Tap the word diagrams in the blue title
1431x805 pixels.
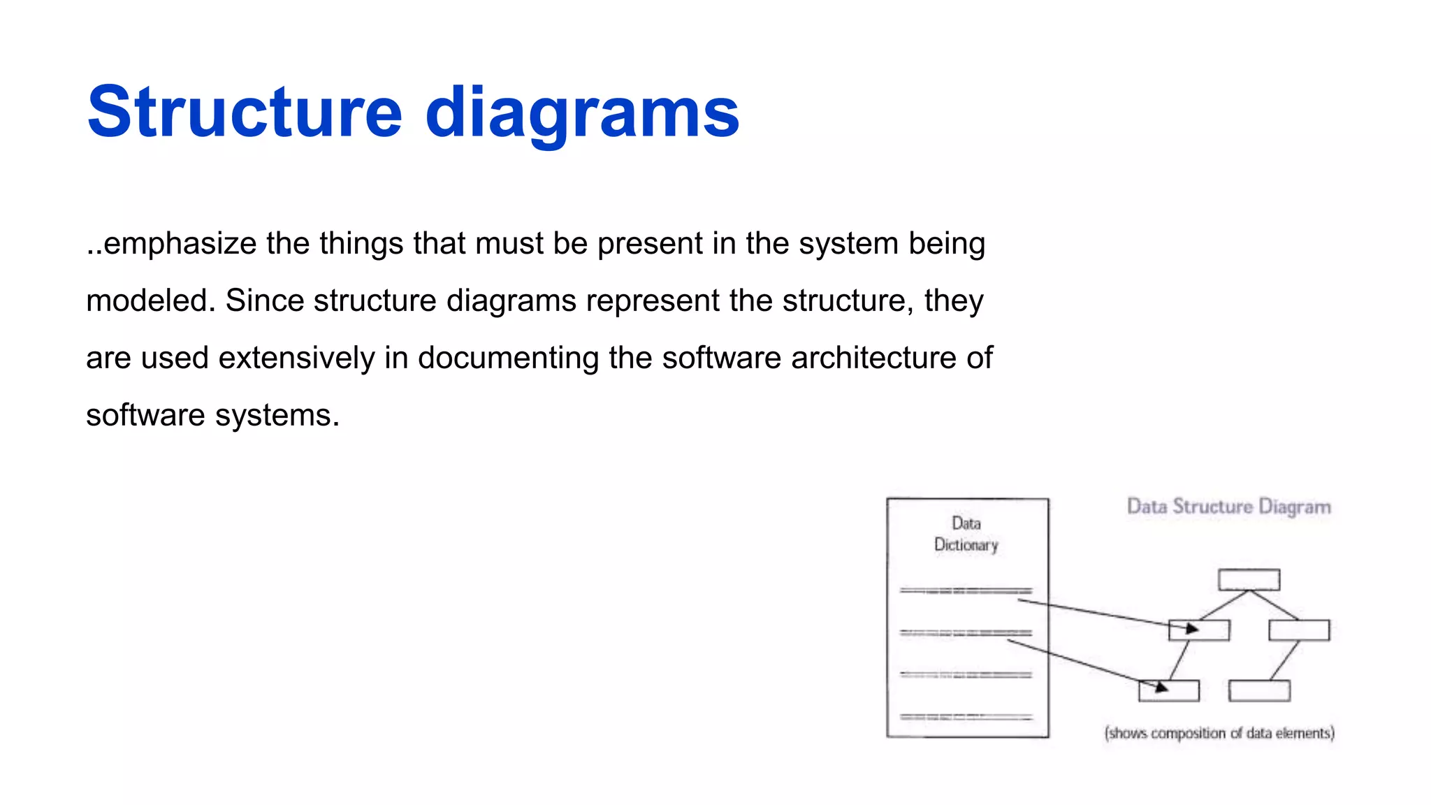tap(582, 113)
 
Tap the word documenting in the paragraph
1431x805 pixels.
tap(508, 358)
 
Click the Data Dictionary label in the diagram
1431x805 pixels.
tap(966, 534)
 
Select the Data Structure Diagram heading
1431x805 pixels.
tap(1228, 507)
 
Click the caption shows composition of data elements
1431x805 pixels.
tap(1219, 733)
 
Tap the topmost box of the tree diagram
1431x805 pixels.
tap(1249, 579)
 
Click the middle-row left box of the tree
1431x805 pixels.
tap(1199, 630)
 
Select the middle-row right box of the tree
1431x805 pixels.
tap(1299, 630)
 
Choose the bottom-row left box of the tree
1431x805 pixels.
tap(1168, 690)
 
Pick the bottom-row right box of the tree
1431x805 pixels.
tap(1259, 690)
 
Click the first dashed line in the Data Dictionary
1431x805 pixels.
tap(966, 591)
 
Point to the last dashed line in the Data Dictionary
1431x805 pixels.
tap(966, 717)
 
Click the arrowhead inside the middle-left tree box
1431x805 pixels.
tap(1192, 629)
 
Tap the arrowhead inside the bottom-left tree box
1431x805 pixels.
tap(1161, 688)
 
